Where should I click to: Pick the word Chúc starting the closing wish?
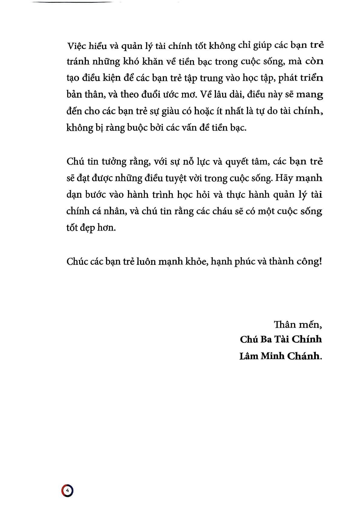[x=77, y=261]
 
